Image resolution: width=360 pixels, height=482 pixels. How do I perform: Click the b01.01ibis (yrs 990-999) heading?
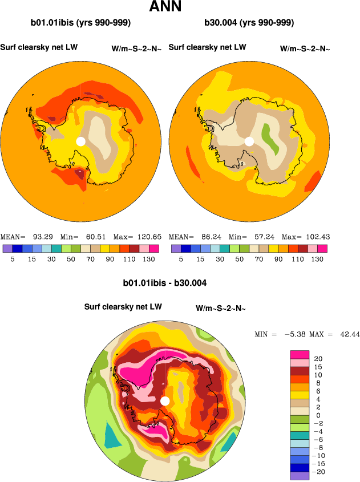[x=81, y=23]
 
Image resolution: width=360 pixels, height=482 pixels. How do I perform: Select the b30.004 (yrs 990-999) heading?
[x=249, y=23]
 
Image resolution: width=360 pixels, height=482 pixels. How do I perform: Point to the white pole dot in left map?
[x=81, y=141]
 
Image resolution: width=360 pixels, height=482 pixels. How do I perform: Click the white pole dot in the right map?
[x=249, y=141]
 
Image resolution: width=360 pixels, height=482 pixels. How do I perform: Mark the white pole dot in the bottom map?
[x=165, y=401]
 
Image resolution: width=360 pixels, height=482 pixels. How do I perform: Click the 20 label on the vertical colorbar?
[x=318, y=358]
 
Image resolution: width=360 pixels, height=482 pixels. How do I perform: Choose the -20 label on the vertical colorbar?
[x=319, y=472]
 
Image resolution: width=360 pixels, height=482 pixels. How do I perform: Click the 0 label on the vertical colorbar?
[x=317, y=415]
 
